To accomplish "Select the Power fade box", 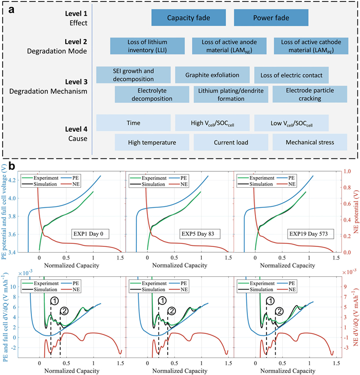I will coord(271,18).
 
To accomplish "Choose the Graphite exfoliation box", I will coord(212,75).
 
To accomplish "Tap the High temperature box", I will coord(152,142).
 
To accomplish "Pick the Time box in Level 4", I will coord(133,123).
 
